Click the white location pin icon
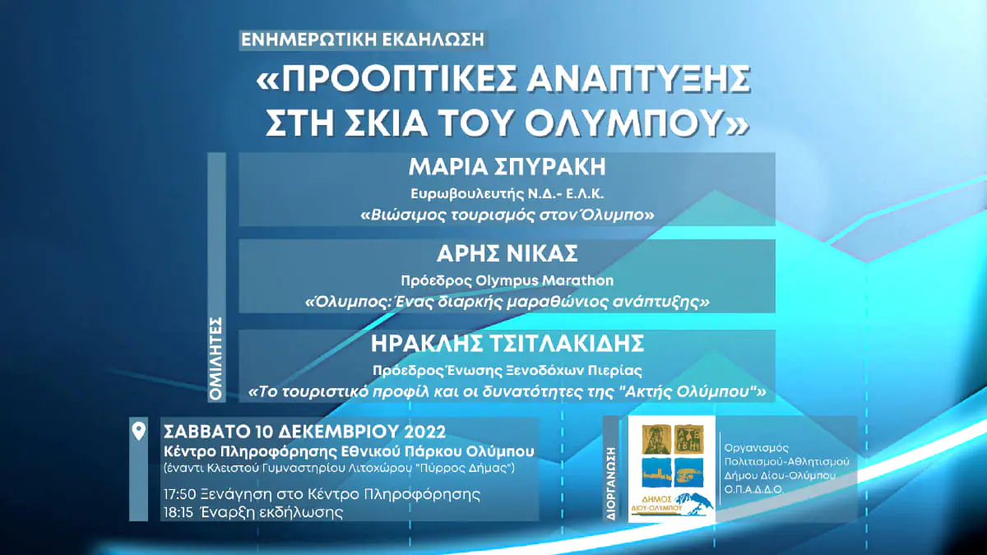point(139,432)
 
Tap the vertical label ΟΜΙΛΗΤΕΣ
point(216,358)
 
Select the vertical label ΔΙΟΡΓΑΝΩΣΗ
point(611,484)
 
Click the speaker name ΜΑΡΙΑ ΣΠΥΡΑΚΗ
point(507,166)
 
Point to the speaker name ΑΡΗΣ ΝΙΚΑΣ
point(507,254)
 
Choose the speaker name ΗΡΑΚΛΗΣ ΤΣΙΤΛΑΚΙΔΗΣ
point(507,344)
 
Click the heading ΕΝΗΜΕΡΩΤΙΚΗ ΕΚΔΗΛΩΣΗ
point(363,39)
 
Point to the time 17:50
point(179,494)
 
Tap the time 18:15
point(178,512)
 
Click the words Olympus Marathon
point(544,280)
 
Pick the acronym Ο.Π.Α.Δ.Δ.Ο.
point(753,489)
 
